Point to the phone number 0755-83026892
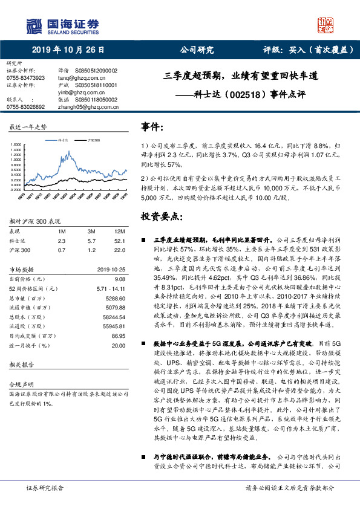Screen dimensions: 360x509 (x=25, y=106)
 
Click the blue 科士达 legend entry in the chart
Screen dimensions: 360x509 (x=61, y=139)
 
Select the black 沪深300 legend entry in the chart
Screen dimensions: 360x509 (x=91, y=139)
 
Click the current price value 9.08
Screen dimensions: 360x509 (x=120, y=279)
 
